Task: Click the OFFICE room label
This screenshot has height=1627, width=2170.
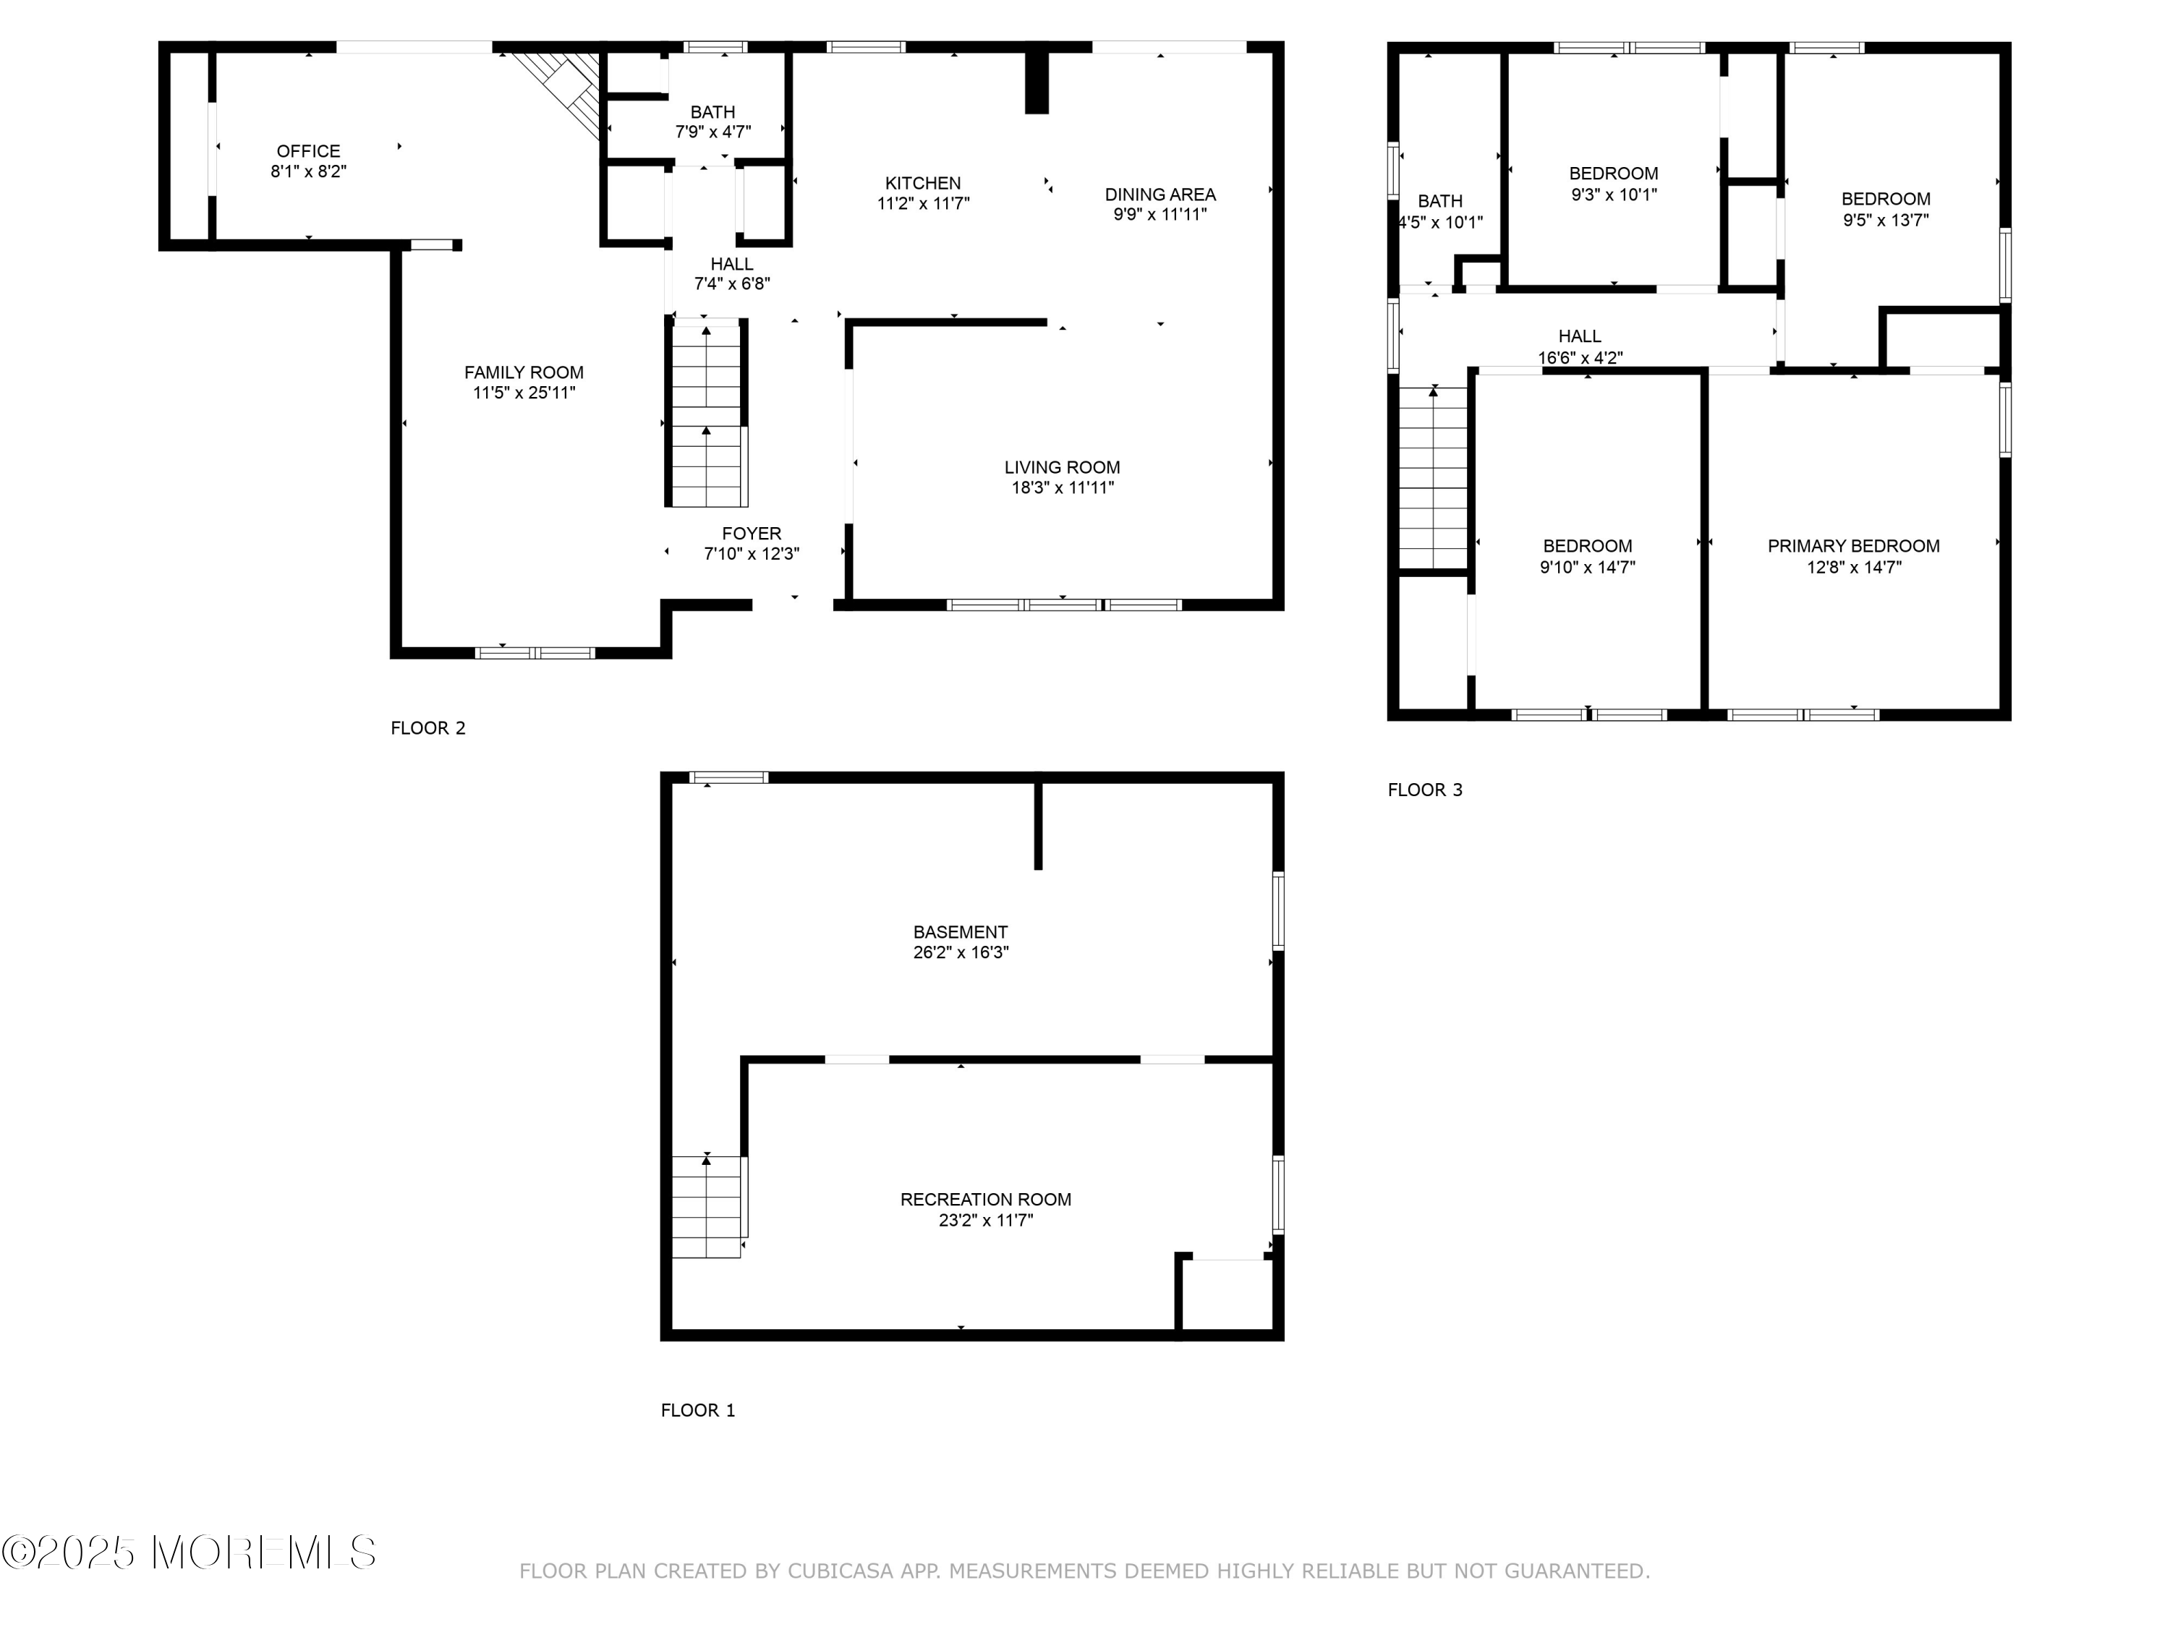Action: (308, 151)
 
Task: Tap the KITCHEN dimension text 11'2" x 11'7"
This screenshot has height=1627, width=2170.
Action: (922, 204)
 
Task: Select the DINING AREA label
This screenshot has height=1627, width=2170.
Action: (1160, 195)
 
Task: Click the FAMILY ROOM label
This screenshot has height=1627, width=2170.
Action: (523, 372)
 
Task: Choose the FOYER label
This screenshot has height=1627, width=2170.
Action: (752, 534)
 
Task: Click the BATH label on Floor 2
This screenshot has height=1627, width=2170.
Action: (712, 112)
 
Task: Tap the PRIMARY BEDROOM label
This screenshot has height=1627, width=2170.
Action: (1853, 546)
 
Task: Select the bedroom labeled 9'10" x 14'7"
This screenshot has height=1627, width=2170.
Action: (1586, 556)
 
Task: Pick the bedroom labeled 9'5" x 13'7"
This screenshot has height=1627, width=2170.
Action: (1884, 209)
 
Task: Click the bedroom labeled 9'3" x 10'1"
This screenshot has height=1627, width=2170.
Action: (1613, 184)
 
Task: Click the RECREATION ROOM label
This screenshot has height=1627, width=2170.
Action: (985, 1200)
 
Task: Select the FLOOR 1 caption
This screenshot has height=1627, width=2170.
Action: (697, 1410)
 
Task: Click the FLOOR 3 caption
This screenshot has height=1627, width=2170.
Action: (1424, 790)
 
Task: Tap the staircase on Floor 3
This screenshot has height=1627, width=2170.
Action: (1432, 477)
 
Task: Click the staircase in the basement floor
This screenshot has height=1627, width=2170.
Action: (706, 1206)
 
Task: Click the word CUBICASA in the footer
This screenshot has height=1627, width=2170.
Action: (840, 1571)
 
